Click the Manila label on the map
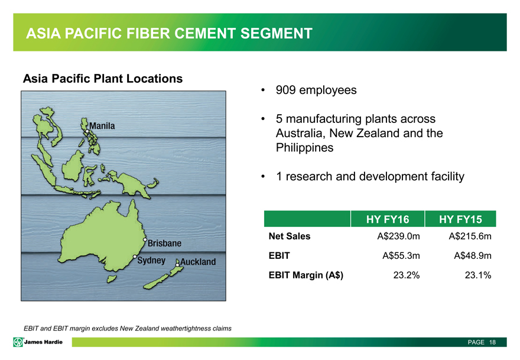coord(102,126)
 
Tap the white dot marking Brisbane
coord(145,239)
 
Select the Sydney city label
coord(151,261)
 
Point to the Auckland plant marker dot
coord(177,265)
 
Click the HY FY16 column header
coord(388,219)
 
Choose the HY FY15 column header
coord(460,219)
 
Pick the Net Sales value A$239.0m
coord(398,236)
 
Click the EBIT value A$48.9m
coord(473,256)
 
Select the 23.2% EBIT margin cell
coord(407,275)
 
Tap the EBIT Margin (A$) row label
coord(305,275)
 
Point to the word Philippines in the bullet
coord(304,148)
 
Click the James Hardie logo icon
coord(18,342)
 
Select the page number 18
coord(492,342)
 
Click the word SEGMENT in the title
coord(277,34)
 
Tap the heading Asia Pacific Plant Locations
coord(103,79)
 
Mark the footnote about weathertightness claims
coord(128,329)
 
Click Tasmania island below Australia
coord(112,278)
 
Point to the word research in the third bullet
coord(308,177)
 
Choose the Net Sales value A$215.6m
coord(470,236)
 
